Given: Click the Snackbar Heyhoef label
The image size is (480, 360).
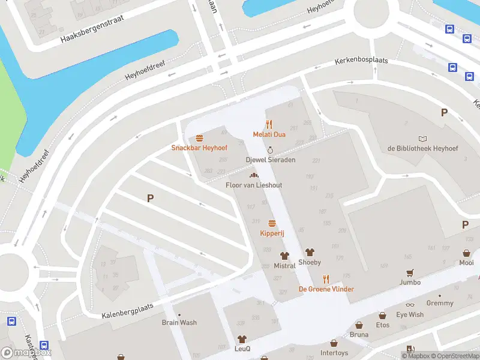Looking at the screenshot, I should (x=199, y=148).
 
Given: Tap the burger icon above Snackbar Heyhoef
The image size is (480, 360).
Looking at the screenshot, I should (x=199, y=138).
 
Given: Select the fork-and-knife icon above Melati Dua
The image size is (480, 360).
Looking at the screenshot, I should (x=269, y=125).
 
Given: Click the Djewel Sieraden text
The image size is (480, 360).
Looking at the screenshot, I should (x=270, y=160).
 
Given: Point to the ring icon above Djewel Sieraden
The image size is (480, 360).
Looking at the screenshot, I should (x=270, y=150).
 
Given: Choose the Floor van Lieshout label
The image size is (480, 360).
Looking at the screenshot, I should (x=253, y=185).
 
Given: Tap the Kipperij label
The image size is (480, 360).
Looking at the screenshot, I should (x=272, y=233).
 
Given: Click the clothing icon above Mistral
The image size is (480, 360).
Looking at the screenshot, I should (x=284, y=256).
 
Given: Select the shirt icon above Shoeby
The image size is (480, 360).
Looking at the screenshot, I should (x=310, y=253).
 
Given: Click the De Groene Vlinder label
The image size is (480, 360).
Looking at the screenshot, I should (x=326, y=289).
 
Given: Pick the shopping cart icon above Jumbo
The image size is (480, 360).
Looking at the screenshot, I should (x=410, y=272).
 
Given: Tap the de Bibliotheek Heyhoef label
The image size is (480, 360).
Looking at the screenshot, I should (x=422, y=148).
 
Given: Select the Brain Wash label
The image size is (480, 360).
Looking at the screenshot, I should (x=179, y=323).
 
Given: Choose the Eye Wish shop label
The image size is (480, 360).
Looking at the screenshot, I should (x=410, y=314).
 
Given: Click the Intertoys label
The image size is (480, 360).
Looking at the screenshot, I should (x=334, y=353).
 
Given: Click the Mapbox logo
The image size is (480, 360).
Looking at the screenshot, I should (x=26, y=353).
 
